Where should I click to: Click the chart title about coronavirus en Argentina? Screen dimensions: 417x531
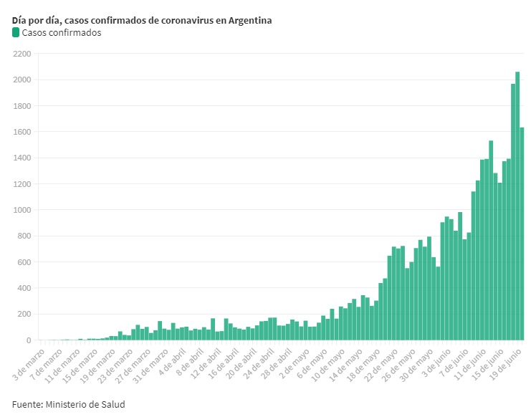[x=142, y=20]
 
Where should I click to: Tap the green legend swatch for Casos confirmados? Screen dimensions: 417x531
[x=16, y=32]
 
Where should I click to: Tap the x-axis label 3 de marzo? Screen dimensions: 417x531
[x=30, y=365]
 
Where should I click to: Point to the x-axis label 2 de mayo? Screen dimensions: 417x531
[x=295, y=365]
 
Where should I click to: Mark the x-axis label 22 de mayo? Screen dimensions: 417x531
[x=383, y=365]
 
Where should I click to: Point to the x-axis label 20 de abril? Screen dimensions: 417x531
[x=241, y=365]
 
